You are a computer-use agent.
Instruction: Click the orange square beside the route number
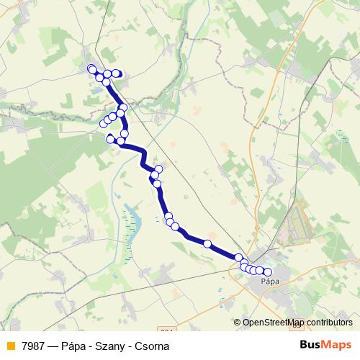tap(9, 346)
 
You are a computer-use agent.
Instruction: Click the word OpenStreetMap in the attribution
tap(274, 323)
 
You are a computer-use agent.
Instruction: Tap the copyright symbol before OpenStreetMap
tap(238, 323)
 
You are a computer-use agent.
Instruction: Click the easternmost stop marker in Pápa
tap(269, 271)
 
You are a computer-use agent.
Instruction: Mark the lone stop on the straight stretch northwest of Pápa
tap(207, 244)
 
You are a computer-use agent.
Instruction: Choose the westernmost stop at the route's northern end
tap(91, 68)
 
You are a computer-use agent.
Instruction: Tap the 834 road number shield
tap(167, 330)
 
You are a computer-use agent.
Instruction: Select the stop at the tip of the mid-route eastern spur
tap(159, 169)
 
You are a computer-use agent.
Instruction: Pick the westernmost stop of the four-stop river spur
tap(103, 124)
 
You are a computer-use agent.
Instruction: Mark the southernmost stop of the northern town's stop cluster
tap(107, 82)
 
